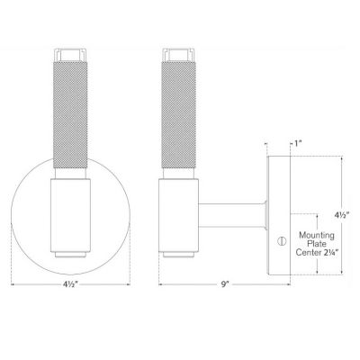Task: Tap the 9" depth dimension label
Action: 224,284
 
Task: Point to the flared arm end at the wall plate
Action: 266,216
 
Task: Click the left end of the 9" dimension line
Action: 160,284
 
